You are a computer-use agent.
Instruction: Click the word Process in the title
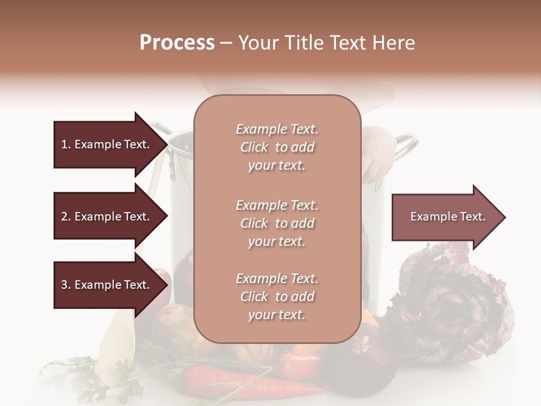(x=177, y=43)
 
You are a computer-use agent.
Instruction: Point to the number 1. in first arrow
(x=66, y=144)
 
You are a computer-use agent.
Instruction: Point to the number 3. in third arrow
(x=66, y=285)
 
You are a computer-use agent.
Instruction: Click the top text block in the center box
(x=277, y=147)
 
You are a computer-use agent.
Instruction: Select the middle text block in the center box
(x=277, y=223)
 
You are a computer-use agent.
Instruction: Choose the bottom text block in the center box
(x=277, y=297)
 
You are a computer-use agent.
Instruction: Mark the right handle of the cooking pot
(x=407, y=145)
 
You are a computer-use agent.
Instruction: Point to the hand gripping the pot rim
(x=376, y=152)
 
